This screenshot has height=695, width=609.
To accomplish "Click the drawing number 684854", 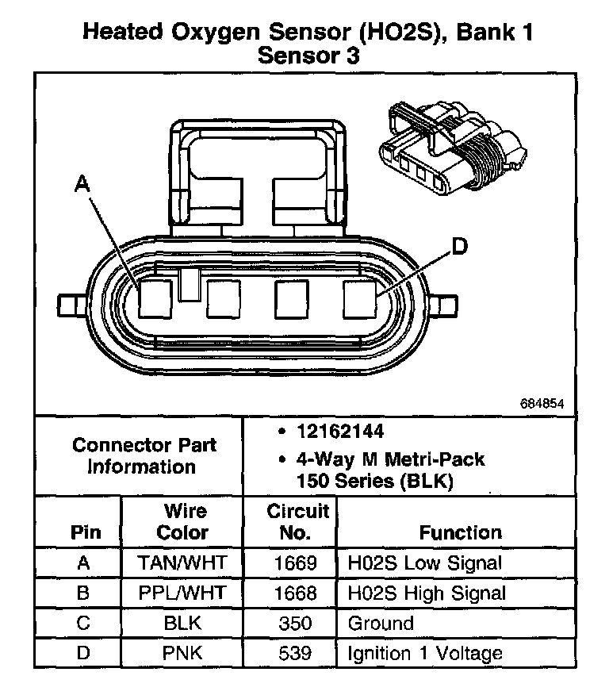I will [x=542, y=403].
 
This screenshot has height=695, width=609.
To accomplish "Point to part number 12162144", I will [x=340, y=432].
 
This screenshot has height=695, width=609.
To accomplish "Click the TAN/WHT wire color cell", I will [x=182, y=563].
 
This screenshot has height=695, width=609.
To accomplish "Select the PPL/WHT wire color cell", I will [x=182, y=593].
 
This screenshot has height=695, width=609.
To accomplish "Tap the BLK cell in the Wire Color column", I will [x=182, y=624].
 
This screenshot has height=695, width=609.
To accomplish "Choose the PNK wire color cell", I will [x=182, y=654].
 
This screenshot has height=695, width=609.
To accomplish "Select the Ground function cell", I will [x=381, y=624].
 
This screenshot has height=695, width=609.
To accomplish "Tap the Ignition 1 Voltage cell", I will [x=425, y=654].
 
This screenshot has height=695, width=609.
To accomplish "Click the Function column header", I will [x=460, y=532].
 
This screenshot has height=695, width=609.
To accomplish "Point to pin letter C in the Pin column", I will [x=84, y=624].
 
